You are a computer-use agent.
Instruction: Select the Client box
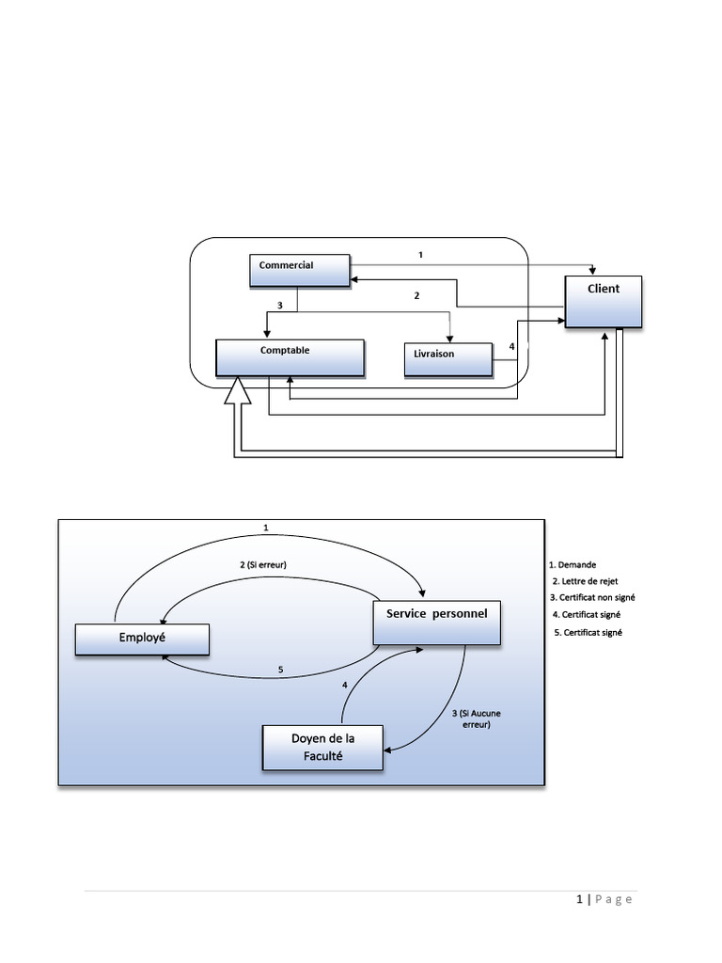coord(604,301)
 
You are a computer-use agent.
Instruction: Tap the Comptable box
coord(290,357)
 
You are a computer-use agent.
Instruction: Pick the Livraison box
coord(448,359)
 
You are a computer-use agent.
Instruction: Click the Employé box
coord(142,639)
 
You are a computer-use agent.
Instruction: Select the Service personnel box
coord(436,623)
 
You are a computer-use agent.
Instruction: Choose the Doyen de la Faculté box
coord(323,748)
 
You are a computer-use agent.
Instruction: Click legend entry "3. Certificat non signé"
coord(593,598)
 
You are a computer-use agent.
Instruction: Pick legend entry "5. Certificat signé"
coord(589,633)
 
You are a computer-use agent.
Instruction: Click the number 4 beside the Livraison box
coord(511,347)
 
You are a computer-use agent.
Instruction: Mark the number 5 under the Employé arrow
coord(280,670)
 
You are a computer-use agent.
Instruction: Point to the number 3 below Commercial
coord(280,305)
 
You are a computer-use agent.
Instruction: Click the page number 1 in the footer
coord(580,900)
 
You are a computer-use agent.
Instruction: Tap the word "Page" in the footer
coord(614,900)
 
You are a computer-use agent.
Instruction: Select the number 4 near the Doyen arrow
coord(345,686)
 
